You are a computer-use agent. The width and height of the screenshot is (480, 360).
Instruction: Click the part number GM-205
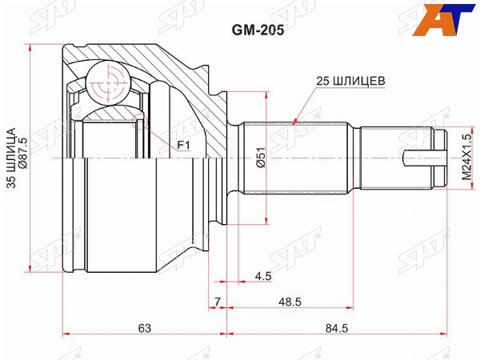258,30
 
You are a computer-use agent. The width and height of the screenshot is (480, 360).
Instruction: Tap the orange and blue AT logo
443,19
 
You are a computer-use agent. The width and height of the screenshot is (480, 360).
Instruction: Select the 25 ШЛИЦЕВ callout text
350,81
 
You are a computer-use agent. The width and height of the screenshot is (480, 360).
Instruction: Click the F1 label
184,145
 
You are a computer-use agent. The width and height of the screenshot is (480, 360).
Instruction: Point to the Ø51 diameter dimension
261,158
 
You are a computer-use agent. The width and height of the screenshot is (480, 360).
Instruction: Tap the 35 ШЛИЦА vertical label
11,158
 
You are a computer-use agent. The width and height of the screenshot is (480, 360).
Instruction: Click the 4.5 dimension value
263,276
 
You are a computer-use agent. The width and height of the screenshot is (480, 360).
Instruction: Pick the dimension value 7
217,302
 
